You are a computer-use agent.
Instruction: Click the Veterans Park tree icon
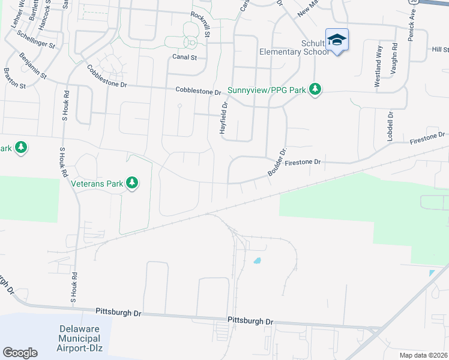point(132,184)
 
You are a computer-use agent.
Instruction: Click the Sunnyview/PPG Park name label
point(267,91)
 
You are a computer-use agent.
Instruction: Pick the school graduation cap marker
point(337,40)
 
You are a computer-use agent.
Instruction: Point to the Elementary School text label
point(294,52)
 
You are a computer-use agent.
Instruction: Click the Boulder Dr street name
point(277,161)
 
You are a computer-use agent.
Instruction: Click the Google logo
point(20,353)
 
